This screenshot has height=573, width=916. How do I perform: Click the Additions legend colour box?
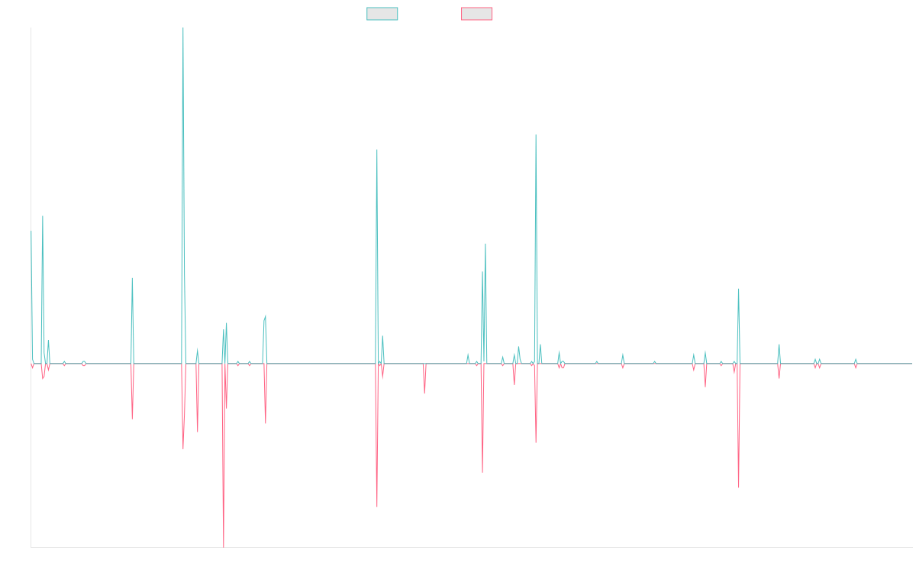(x=382, y=14)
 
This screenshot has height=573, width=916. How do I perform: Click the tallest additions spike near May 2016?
(x=183, y=29)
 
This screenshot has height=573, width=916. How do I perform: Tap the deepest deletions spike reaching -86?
(x=224, y=546)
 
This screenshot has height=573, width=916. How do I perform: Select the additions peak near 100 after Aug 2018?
(x=377, y=150)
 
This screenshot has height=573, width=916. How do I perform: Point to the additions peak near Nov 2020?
(x=536, y=136)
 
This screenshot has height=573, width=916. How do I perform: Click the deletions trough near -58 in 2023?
(x=739, y=487)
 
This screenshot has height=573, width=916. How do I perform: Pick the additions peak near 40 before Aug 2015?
(x=132, y=278)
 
